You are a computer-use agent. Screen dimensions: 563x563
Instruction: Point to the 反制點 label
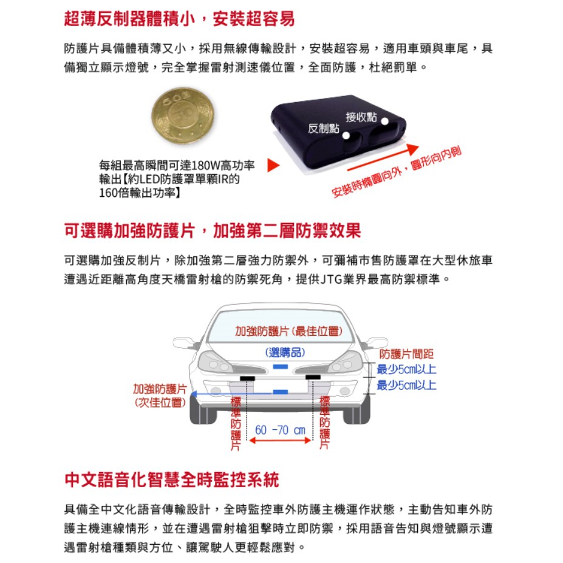(323, 128)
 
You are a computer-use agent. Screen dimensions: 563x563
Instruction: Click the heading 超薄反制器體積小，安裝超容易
(179, 19)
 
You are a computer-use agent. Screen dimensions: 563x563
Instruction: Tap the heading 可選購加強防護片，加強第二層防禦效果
(213, 231)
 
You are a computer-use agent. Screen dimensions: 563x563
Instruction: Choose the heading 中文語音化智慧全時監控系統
(172, 480)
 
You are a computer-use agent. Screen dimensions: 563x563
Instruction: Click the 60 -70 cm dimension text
(281, 430)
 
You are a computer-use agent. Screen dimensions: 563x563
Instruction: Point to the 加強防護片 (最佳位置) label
(288, 331)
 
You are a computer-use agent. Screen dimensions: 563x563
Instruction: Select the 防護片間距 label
(406, 354)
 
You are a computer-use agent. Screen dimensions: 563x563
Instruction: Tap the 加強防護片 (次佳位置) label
(160, 395)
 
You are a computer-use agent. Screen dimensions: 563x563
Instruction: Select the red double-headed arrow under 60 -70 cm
(281, 441)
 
